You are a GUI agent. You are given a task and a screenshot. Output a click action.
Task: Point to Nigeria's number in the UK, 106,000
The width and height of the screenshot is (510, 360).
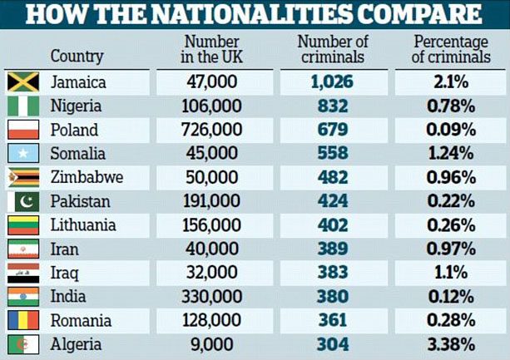(x=211, y=106)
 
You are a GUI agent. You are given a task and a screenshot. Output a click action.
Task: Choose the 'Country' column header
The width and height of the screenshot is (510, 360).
(x=77, y=57)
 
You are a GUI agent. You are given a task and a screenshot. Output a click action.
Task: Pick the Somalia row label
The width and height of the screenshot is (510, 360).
(x=78, y=154)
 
